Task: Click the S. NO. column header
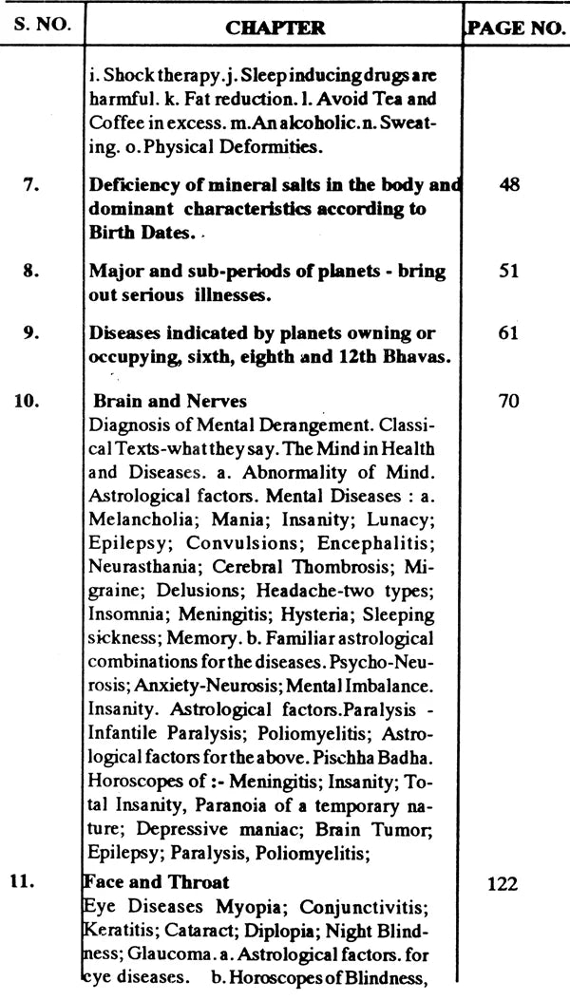coord(37,26)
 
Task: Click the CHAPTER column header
coord(275,28)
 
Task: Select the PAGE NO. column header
coord(516,28)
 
